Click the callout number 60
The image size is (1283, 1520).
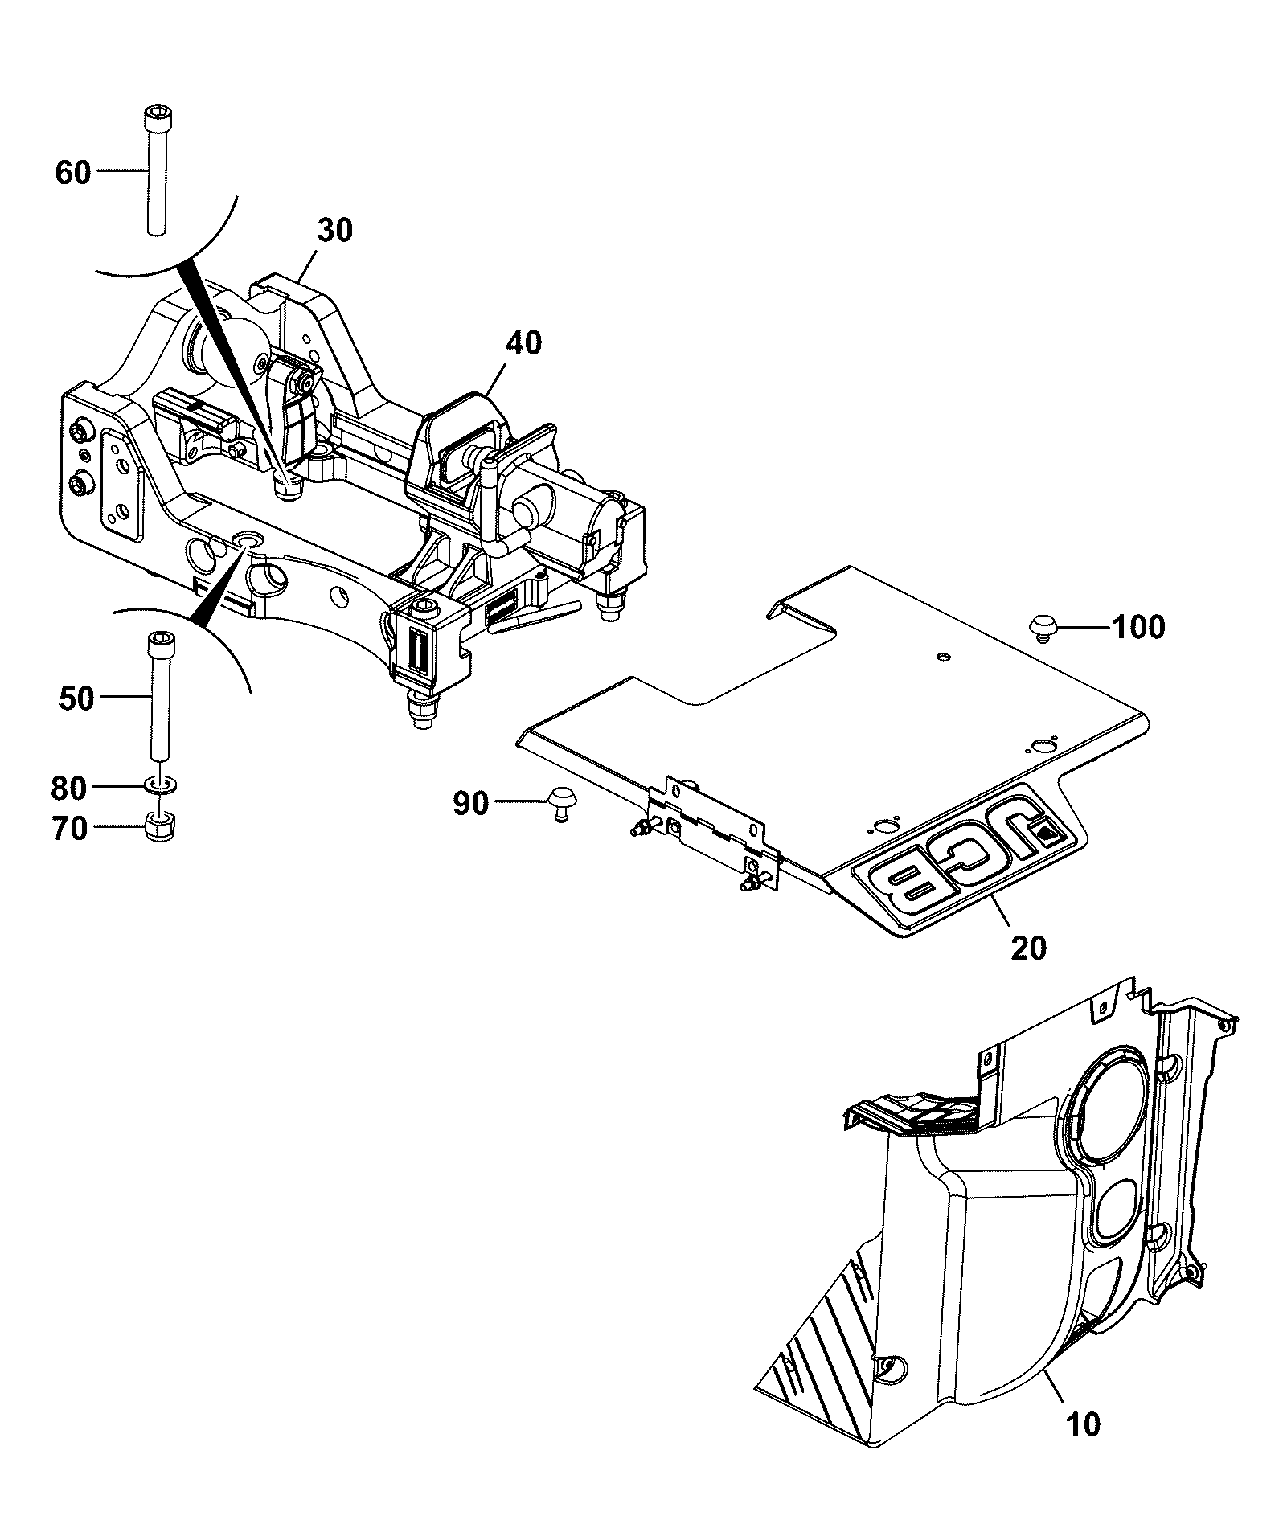73,172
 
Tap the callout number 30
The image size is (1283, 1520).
334,231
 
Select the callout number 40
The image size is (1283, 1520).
524,343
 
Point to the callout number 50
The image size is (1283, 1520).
76,699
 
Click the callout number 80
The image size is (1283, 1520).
68,789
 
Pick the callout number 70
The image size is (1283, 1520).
68,829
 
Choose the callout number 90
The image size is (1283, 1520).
470,803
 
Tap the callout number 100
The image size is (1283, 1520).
1137,627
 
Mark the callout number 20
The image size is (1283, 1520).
1029,948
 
